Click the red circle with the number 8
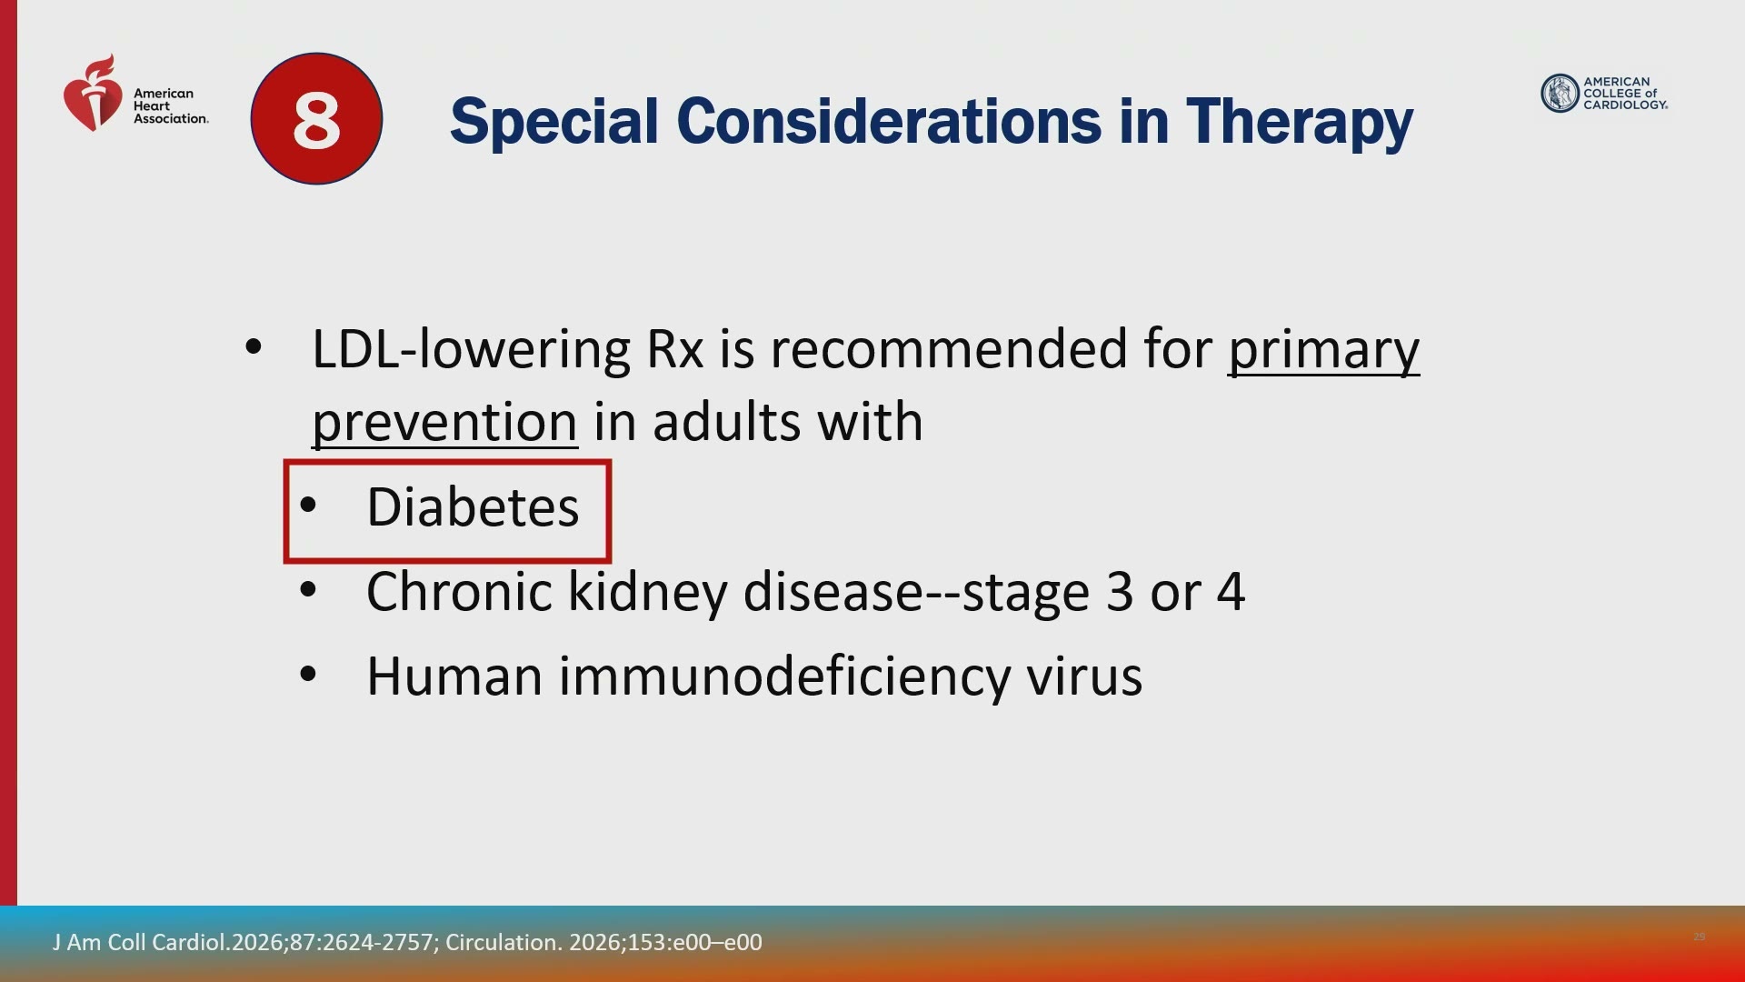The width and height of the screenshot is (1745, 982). coord(316,119)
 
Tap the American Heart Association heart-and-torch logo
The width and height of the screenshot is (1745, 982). coord(93,93)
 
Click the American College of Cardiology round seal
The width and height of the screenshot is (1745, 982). coord(1560,93)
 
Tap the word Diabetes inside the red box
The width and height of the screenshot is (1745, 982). coord(473,506)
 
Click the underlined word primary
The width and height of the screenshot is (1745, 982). coord(1323,351)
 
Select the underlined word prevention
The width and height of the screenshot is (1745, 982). coord(444,423)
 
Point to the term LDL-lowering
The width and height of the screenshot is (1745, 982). coord(471,350)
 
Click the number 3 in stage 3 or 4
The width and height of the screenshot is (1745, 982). coord(1120,593)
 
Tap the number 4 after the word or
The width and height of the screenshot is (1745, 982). coord(1230,593)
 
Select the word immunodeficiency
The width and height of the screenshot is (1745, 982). coord(783,677)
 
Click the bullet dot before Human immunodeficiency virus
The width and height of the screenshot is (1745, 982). coord(308,675)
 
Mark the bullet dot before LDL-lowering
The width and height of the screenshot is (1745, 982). coord(254,346)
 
